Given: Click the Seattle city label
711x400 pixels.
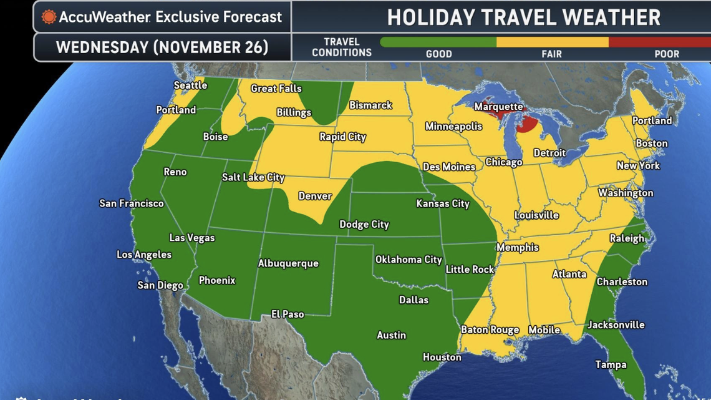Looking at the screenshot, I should point(190,85).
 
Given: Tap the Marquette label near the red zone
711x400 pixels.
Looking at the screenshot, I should point(498,107).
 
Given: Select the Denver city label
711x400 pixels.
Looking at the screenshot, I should point(315,196).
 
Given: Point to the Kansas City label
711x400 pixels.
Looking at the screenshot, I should point(443,203).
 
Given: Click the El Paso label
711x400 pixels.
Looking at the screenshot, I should point(288,314).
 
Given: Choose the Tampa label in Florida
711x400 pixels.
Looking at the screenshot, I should point(611,364).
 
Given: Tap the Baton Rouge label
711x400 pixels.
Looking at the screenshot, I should point(490,329).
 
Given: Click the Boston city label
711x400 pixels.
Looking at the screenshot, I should point(651,144).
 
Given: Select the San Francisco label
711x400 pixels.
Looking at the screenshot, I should point(132,203).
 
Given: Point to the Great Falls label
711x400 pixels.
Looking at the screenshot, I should point(276,89).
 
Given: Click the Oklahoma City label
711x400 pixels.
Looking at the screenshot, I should point(409,260).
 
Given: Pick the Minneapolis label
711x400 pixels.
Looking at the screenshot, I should point(453,126).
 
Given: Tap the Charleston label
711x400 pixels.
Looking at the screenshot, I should point(622,281).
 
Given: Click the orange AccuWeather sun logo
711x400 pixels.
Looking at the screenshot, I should point(49,17).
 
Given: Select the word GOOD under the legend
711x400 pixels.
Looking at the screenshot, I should point(438,54).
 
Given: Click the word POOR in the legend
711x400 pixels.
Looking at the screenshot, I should point(666,54).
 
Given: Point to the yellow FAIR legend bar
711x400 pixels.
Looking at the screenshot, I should point(552,42).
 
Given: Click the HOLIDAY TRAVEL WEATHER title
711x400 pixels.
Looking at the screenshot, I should point(523,17).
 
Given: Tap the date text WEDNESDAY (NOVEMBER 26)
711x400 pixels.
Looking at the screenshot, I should point(162,47).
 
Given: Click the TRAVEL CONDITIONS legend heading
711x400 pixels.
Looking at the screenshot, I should point(341,47).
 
